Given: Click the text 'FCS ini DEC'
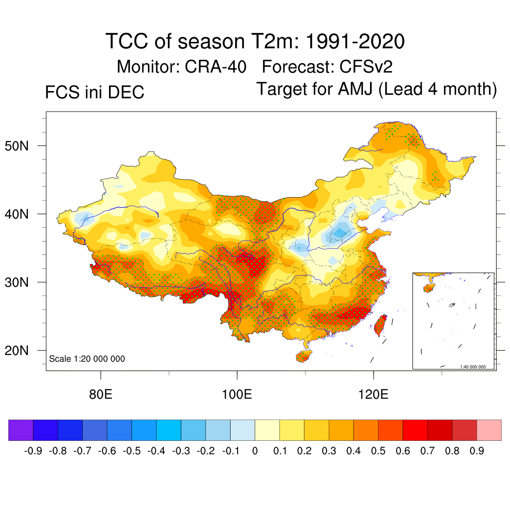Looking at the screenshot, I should [x=95, y=93].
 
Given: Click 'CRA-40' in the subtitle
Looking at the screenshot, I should [x=215, y=66].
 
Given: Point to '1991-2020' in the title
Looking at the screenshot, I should [x=354, y=42].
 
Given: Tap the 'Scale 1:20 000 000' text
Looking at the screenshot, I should [x=87, y=359].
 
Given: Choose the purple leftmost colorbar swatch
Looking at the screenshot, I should [x=21, y=430].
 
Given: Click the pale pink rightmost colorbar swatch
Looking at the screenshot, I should [x=489, y=430].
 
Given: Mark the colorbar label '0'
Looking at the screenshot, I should [x=255, y=451].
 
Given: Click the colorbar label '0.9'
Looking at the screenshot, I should [x=477, y=451].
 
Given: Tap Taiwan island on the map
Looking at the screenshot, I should [x=381, y=324].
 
